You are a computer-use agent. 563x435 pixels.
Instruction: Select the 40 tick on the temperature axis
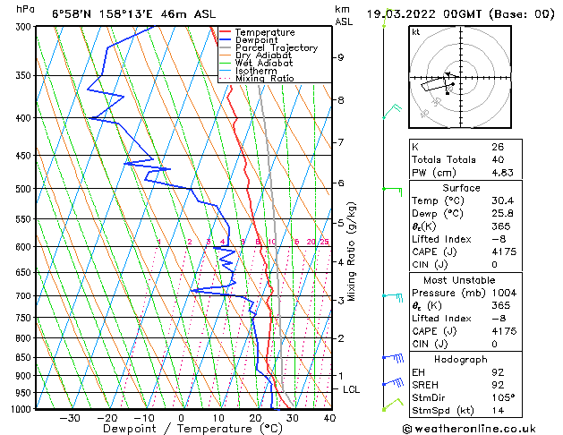[329, 417]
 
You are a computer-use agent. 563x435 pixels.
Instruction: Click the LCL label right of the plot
[352, 390]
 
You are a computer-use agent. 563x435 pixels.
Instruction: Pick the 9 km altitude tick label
[341, 57]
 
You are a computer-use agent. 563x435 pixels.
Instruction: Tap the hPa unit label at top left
[26, 9]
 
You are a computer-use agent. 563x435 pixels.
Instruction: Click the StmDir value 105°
[503, 397]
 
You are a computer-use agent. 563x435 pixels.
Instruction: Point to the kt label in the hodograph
[415, 31]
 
